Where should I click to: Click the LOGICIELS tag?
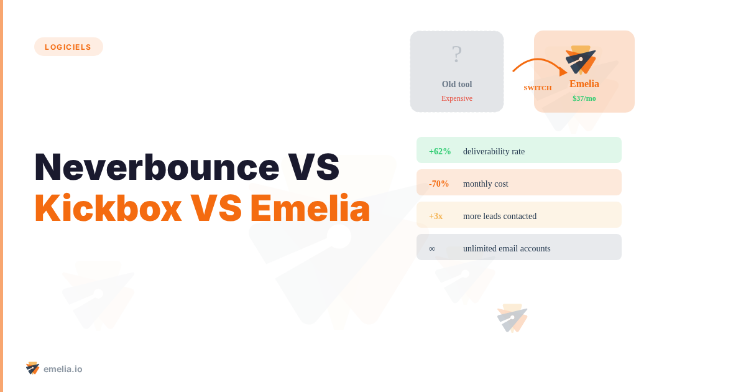click(68, 47)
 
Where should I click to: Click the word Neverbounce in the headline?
click(157, 167)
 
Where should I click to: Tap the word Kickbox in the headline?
click(108, 208)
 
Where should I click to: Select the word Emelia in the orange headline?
click(310, 208)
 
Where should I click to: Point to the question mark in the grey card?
click(457, 55)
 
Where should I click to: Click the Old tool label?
click(457, 84)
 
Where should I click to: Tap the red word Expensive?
click(457, 98)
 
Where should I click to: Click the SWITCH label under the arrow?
click(538, 88)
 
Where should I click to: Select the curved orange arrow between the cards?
click(538, 63)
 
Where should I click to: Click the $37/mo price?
click(584, 98)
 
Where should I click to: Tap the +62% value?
click(440, 151)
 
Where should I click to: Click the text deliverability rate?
click(494, 151)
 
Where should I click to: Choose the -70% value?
click(439, 184)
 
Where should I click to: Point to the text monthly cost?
click(486, 184)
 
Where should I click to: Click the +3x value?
click(436, 216)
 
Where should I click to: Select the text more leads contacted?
click(500, 216)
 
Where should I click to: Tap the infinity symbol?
click(432, 248)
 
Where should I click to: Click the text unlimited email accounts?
click(507, 248)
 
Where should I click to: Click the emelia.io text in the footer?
click(63, 369)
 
